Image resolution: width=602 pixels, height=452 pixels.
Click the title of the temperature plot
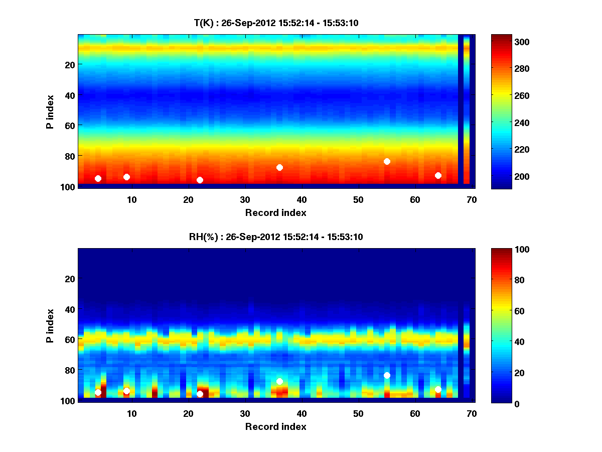276,23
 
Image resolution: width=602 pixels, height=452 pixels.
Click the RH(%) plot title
276,237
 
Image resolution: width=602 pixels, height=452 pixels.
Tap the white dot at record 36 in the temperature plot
279,167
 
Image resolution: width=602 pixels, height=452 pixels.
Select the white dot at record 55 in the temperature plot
387,161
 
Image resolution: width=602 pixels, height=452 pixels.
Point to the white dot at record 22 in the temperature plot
200,180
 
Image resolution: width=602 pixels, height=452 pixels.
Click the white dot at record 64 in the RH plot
438,389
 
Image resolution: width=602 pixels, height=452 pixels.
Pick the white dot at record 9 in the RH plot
126,391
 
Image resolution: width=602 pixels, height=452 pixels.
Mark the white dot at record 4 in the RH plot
98,392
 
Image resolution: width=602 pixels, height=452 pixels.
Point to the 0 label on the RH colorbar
501,403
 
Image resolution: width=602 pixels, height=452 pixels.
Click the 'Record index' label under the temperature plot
276,212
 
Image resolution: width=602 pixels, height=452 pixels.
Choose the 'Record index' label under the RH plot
276,426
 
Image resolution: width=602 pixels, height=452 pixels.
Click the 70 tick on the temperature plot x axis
472,199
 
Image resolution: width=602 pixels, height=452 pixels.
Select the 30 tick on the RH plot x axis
245,413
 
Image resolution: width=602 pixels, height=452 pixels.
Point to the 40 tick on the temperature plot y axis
69,95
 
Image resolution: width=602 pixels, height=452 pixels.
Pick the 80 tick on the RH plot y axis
69,370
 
